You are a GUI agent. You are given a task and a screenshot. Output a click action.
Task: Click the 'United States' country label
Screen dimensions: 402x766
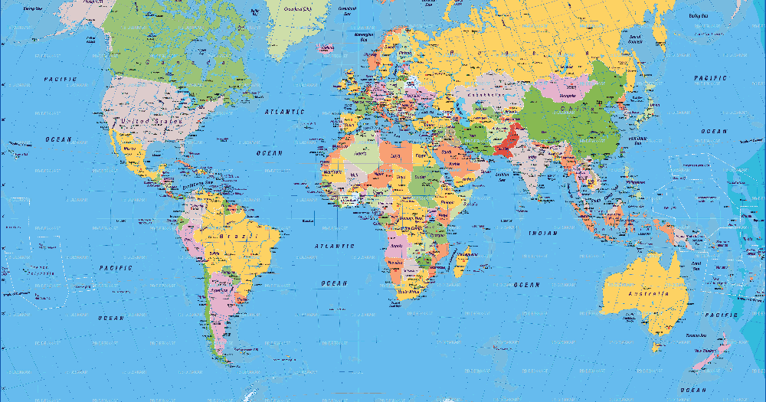pos(149,121)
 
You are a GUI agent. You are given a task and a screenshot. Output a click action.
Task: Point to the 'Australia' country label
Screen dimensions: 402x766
pos(647,293)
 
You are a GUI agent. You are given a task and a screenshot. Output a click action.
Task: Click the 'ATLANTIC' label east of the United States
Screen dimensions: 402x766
pos(284,112)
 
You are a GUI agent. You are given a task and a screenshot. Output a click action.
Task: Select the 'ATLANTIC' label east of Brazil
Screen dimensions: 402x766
pos(335,246)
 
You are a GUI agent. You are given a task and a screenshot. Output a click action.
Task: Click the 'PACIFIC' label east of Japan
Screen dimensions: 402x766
pos(710,78)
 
